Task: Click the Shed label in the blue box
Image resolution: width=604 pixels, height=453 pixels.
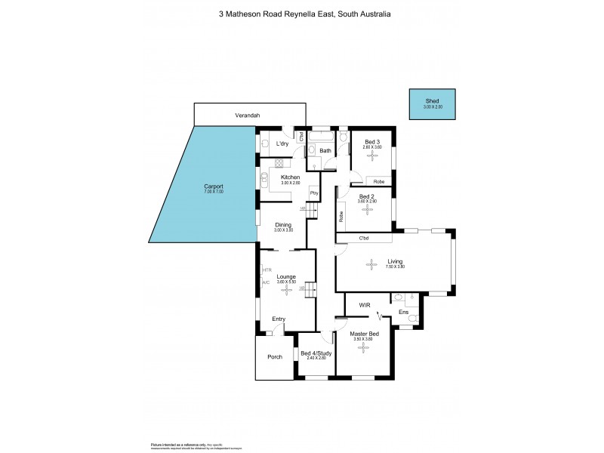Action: (x=431, y=100)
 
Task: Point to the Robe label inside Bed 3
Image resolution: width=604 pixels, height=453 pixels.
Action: (x=378, y=181)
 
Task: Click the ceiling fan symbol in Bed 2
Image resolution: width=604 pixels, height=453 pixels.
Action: (x=367, y=209)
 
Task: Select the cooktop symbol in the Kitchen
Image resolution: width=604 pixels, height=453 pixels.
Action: (x=279, y=162)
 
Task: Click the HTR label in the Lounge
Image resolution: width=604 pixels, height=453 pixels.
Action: (x=267, y=270)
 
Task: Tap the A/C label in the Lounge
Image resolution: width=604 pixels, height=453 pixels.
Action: (x=266, y=282)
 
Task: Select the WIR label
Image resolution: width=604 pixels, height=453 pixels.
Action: (x=364, y=306)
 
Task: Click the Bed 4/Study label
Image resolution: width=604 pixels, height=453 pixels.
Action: (x=316, y=353)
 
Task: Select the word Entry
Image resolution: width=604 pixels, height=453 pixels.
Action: (x=279, y=319)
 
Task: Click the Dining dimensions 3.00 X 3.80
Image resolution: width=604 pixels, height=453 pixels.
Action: (x=283, y=230)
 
